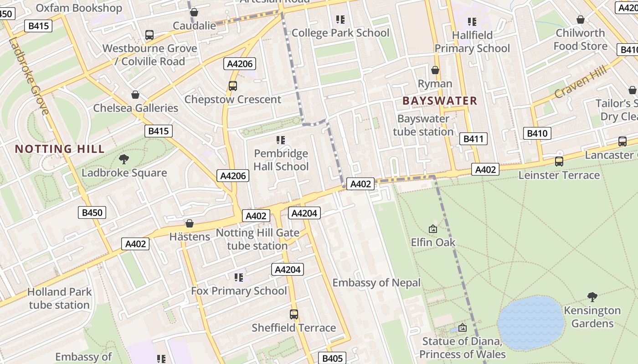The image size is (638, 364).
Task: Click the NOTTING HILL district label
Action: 60,149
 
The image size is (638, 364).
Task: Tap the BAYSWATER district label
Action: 440,101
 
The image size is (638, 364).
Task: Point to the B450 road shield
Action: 92,212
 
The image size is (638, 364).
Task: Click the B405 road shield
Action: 332,358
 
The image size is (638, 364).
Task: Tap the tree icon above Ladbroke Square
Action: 123,159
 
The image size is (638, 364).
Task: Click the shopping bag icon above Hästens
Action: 190,223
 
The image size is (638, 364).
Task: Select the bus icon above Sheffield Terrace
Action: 294,314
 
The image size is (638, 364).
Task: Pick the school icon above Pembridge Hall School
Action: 281,140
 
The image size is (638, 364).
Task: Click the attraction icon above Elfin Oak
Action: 433,229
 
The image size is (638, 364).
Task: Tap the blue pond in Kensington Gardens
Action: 531,323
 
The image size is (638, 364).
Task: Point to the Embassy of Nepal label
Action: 376,283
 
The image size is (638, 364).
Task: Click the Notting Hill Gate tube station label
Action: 257,239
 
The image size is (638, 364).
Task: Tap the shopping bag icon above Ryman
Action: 435,70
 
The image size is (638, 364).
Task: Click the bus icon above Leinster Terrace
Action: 559,162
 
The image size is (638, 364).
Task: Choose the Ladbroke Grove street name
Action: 28,76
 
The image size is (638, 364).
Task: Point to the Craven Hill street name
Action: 581,82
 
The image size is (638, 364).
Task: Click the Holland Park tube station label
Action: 59,298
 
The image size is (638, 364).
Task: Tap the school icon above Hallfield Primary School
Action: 472,21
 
